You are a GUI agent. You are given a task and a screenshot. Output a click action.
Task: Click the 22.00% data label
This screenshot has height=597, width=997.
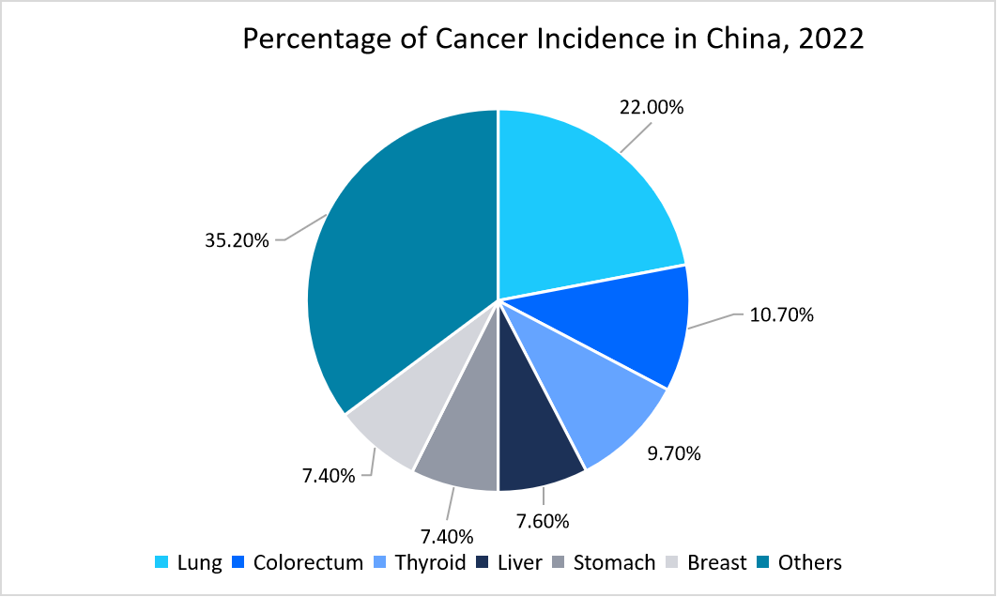[x=652, y=107]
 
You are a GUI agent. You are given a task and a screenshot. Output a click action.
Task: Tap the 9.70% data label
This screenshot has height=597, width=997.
[x=674, y=454]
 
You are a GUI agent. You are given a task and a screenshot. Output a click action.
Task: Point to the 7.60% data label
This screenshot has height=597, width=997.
[x=545, y=519]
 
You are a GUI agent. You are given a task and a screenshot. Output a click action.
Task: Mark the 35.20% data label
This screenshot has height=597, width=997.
[x=238, y=240]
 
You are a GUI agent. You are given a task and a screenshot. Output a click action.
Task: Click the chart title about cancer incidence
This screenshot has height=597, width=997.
[x=553, y=40]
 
